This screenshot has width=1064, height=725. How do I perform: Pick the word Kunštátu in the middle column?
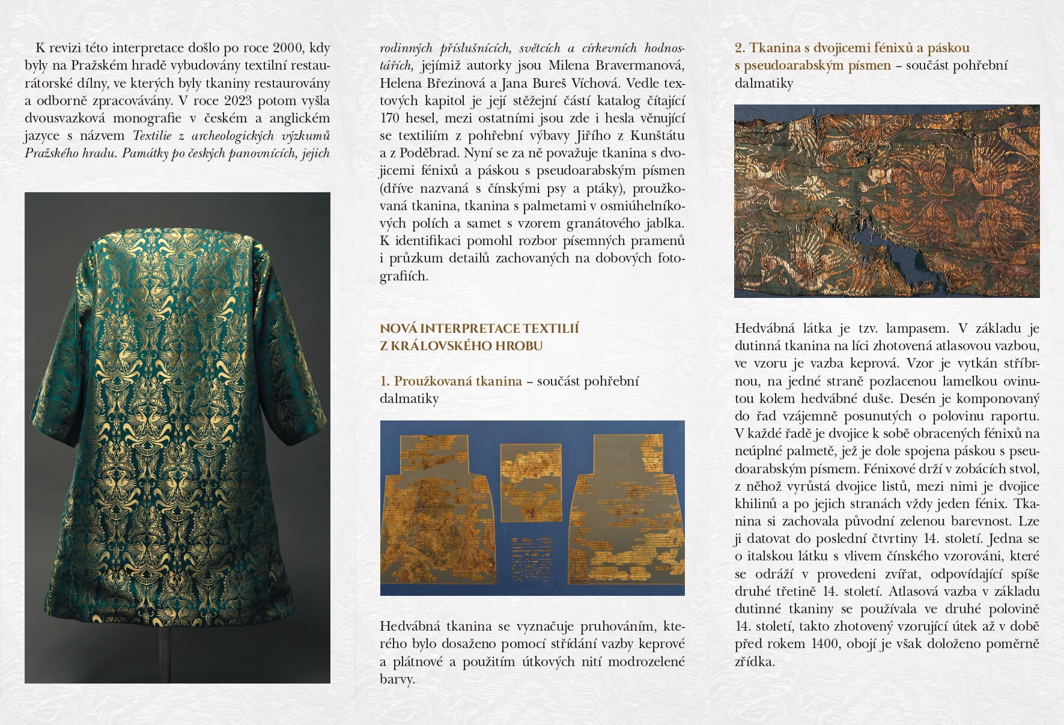pyautogui.click(x=657, y=136)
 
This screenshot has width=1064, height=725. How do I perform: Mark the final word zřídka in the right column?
pyautogui.click(x=754, y=661)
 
